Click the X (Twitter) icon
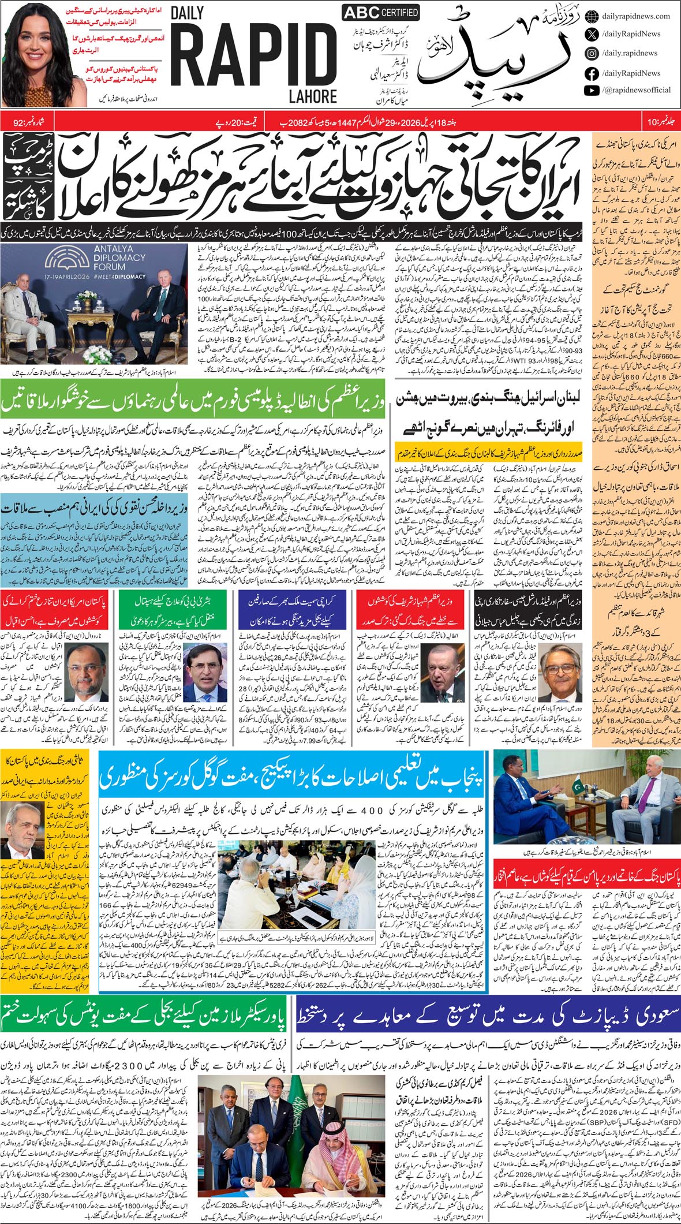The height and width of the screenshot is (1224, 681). (592, 34)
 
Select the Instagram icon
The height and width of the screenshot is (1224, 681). (592, 53)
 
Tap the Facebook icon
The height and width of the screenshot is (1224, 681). (592, 73)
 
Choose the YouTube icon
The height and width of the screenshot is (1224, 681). (592, 90)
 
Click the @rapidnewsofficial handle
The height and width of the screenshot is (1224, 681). (636, 90)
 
